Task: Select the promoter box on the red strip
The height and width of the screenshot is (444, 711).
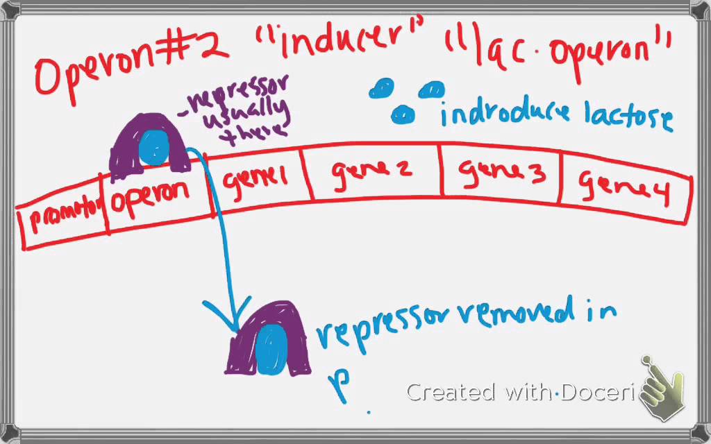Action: coord(62,221)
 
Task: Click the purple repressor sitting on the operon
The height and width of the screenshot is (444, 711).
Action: coord(149,146)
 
